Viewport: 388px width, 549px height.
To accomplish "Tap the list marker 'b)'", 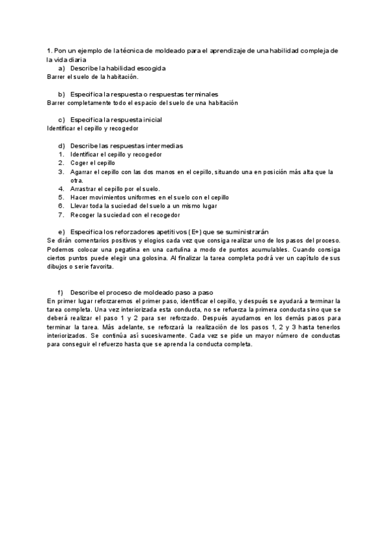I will click(x=61, y=94).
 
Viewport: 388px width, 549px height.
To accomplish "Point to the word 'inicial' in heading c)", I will click(x=149, y=120).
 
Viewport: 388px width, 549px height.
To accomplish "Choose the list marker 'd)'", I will click(x=61, y=146).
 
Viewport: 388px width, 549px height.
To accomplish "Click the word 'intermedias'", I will click(x=164, y=146).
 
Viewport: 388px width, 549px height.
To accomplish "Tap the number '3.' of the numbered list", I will click(x=61, y=172).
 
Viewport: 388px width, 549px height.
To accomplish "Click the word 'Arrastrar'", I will click(x=84, y=189).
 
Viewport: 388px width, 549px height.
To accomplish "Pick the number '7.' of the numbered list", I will click(x=61, y=214).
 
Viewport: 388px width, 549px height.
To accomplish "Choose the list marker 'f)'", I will click(x=61, y=293).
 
